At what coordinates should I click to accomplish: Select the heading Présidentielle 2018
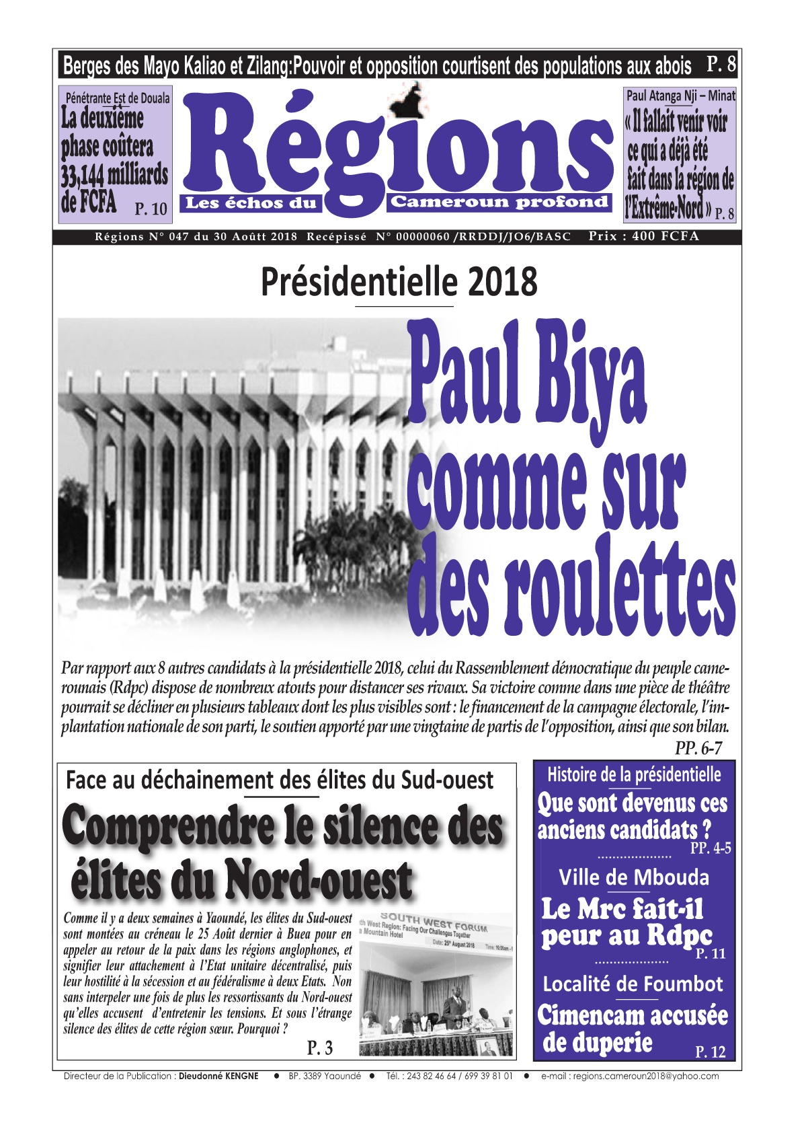[399, 283]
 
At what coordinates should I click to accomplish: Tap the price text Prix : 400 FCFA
[643, 236]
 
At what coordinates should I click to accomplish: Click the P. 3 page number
[320, 1048]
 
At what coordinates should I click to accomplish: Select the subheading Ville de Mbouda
[633, 877]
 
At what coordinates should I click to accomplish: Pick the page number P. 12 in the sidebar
[710, 1052]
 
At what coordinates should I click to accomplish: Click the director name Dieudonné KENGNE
[218, 1076]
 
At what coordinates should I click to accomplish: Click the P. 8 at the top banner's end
[721, 65]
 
